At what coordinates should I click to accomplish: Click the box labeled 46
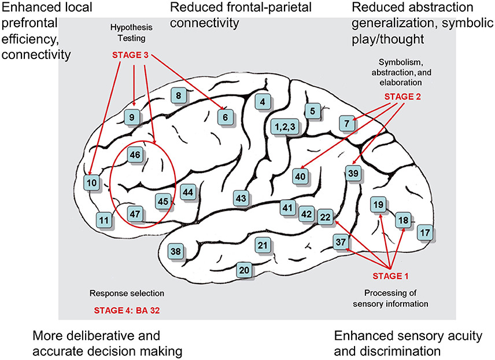point(135,155)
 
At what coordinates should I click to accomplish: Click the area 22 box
point(325,216)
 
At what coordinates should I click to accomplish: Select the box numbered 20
point(245,270)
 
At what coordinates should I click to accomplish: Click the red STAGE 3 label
point(134,56)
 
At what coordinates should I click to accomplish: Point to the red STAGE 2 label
point(406,97)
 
